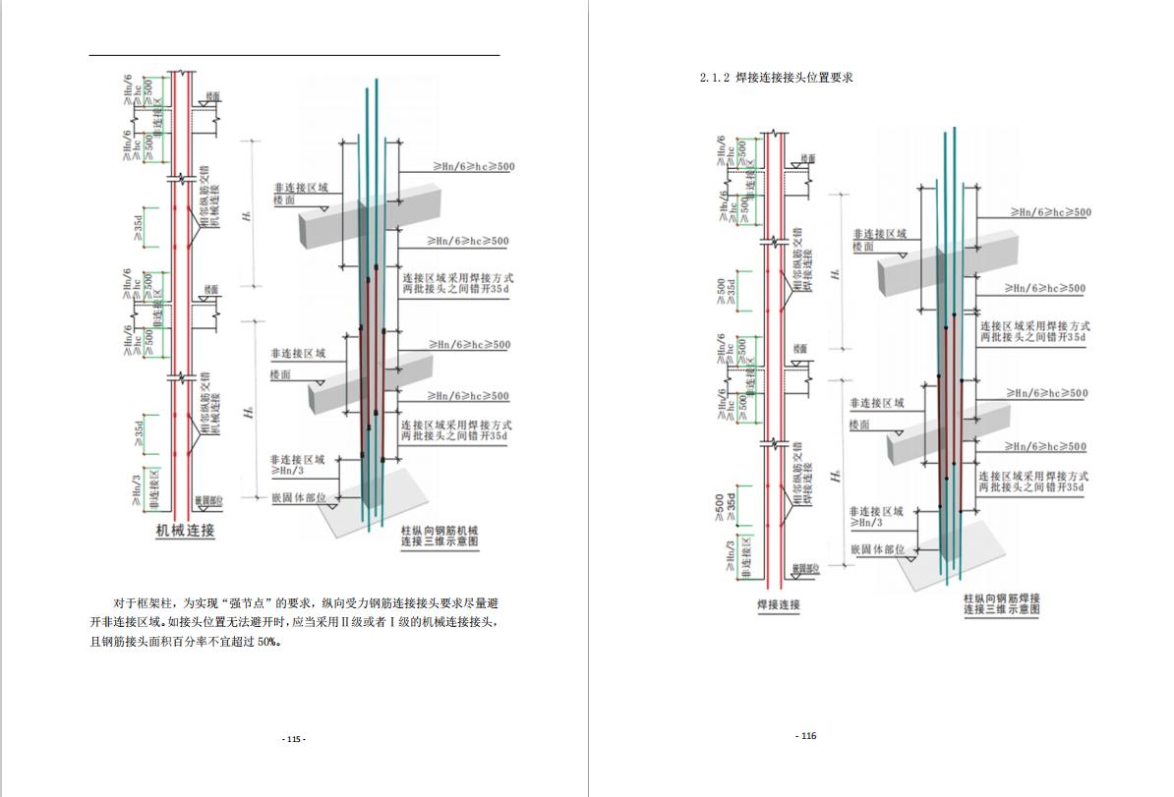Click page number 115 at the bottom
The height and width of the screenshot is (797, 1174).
(294, 739)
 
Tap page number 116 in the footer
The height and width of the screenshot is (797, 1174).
(806, 736)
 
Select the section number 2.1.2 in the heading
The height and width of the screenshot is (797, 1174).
(714, 78)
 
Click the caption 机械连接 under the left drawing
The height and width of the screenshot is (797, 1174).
(186, 532)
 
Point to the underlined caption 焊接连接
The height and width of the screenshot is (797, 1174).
(778, 604)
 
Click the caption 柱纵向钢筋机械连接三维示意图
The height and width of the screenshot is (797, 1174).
(439, 535)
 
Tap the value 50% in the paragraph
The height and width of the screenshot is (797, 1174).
(267, 642)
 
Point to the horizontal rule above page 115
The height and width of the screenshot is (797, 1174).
(294, 55)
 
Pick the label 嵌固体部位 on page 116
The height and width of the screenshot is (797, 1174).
(876, 549)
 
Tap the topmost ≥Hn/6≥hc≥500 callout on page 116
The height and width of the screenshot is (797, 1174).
(1050, 212)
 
